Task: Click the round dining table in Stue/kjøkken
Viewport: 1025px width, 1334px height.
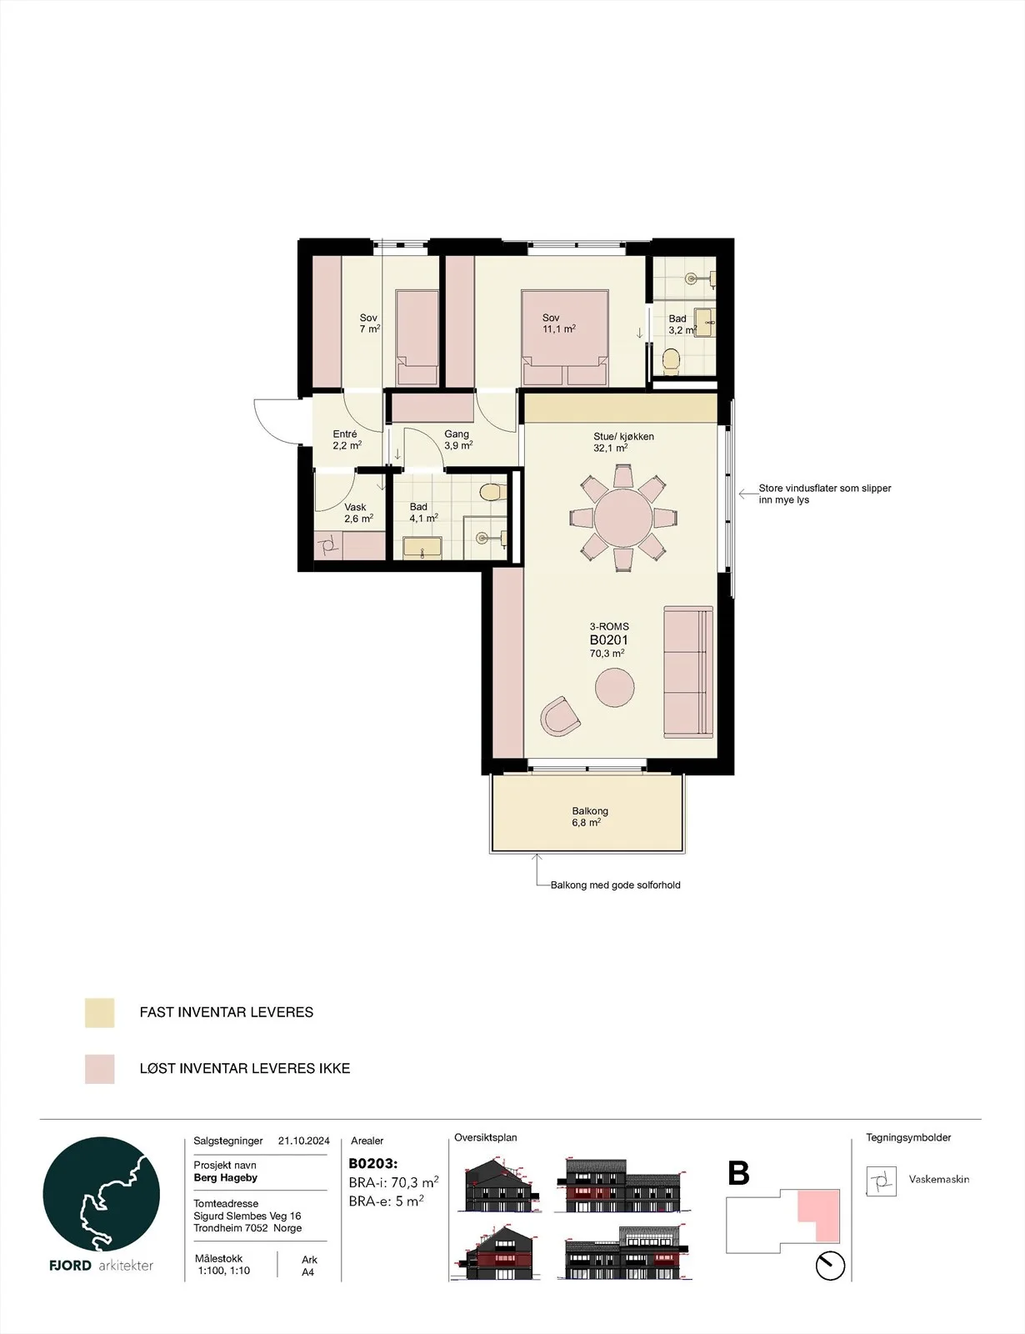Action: coord(623,518)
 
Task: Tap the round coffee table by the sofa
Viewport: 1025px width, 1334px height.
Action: coord(615,688)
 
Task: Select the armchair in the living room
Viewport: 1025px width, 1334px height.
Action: coord(560,716)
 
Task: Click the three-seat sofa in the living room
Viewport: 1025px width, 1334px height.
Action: coord(688,672)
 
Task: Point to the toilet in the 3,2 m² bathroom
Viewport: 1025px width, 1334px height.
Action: coord(672,362)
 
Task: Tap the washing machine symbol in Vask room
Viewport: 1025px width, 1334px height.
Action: coord(328,545)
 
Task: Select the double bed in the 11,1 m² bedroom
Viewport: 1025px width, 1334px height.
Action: coord(564,338)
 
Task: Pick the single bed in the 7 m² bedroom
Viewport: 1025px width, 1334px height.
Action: coord(417,338)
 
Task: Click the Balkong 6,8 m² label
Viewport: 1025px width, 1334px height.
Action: coord(589,816)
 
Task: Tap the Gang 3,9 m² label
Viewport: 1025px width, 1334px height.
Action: coord(458,439)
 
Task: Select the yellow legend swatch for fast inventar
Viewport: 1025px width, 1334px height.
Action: coord(99,1012)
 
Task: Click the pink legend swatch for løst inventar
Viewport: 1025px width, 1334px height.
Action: coord(99,1069)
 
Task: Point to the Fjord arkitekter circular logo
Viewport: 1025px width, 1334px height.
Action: coord(101,1196)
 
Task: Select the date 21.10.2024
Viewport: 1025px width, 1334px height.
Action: coord(303,1141)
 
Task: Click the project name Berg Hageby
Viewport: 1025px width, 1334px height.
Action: coord(225,1177)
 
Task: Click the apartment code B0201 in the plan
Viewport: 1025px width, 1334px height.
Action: coord(608,639)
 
